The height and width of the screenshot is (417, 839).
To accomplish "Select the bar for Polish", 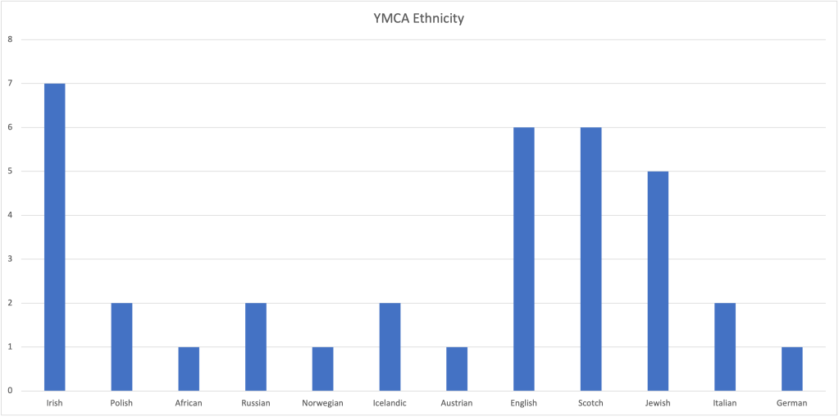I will (121, 346).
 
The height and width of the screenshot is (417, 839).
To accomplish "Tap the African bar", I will (189, 369).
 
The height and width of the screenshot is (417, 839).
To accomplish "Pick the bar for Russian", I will (256, 346).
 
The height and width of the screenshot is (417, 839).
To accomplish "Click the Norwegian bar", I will (322, 369).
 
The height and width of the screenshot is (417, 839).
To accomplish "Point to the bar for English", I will (523, 259).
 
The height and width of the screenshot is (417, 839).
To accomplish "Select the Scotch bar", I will (590, 259).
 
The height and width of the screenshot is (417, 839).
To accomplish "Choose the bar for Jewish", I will (658, 281).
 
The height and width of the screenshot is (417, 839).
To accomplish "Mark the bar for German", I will (791, 369).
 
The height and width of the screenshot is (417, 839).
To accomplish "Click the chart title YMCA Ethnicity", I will (418, 17).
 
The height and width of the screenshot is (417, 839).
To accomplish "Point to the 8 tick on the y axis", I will (10, 39).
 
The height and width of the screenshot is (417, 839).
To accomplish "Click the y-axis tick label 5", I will (10, 171).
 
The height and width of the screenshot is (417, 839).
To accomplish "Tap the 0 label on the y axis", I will (10, 391).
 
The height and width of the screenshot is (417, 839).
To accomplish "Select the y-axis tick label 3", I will (10, 259).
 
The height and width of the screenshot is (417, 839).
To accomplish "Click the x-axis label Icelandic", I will (390, 403).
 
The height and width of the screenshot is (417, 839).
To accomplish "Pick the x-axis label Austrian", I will (457, 403).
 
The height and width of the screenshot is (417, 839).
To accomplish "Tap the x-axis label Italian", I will (725, 403).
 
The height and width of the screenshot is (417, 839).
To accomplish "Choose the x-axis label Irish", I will (54, 403).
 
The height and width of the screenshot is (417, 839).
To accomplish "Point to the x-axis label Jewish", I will (658, 403).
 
